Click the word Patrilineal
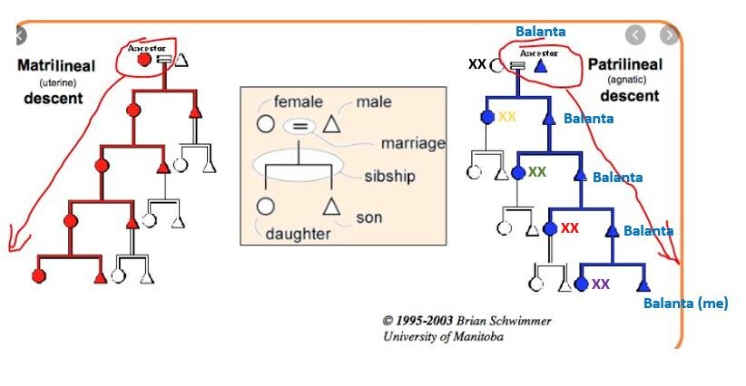click(x=625, y=64)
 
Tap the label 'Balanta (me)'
click(x=685, y=304)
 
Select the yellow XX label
click(x=506, y=117)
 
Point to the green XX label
click(x=537, y=171)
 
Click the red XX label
click(x=569, y=227)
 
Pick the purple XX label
click(x=600, y=284)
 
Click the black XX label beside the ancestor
click(x=476, y=64)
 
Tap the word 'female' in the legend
click(x=298, y=101)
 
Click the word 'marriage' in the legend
click(x=413, y=143)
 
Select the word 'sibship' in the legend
click(x=389, y=175)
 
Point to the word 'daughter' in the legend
click(x=298, y=234)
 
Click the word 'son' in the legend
click(x=368, y=217)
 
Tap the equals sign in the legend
click(x=299, y=126)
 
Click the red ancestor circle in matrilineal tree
click(x=143, y=60)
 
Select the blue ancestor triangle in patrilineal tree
click(x=541, y=65)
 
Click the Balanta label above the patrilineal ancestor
click(x=540, y=32)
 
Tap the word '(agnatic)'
click(x=625, y=80)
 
